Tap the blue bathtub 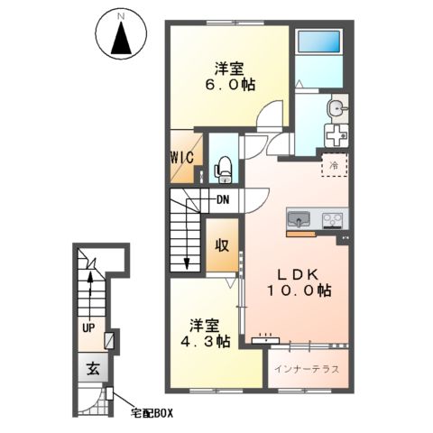319,41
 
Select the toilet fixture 223,170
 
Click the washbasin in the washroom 336,107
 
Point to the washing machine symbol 336,135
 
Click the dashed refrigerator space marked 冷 335,165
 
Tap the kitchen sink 299,219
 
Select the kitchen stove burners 332,220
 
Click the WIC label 182,157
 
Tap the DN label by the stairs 223,199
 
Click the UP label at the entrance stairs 88,328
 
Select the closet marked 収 222,245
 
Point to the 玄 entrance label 93,368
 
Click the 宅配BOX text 152,413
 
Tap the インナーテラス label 307,369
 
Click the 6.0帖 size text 230,85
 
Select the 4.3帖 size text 206,341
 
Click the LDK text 297,274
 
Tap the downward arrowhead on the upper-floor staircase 187,263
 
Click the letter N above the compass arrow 121,17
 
